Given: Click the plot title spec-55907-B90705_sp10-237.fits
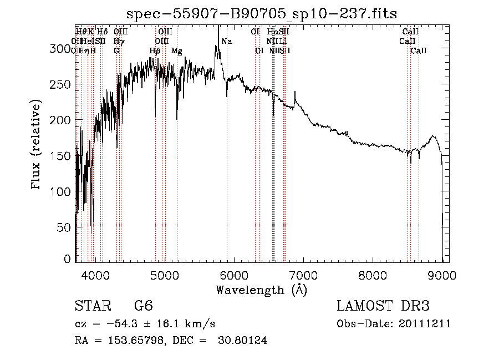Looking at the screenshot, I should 261,13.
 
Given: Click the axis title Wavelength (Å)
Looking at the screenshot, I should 261,290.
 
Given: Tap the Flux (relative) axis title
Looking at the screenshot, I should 37,145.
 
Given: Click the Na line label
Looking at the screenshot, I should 227,42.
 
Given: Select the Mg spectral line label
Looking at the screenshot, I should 177,51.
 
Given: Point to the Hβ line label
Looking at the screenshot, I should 155,51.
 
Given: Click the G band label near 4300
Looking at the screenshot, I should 116,51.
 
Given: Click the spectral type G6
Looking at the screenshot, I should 143,307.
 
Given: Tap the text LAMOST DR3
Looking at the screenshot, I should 383,307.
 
